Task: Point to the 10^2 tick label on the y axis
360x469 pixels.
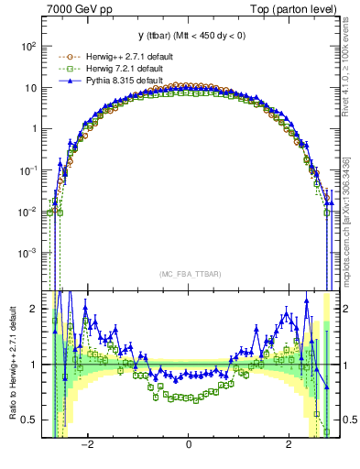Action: click(29, 46)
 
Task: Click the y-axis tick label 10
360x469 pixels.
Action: click(31, 88)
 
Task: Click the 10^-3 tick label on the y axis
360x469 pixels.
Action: click(28, 252)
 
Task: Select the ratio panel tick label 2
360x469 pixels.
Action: click(34, 309)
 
